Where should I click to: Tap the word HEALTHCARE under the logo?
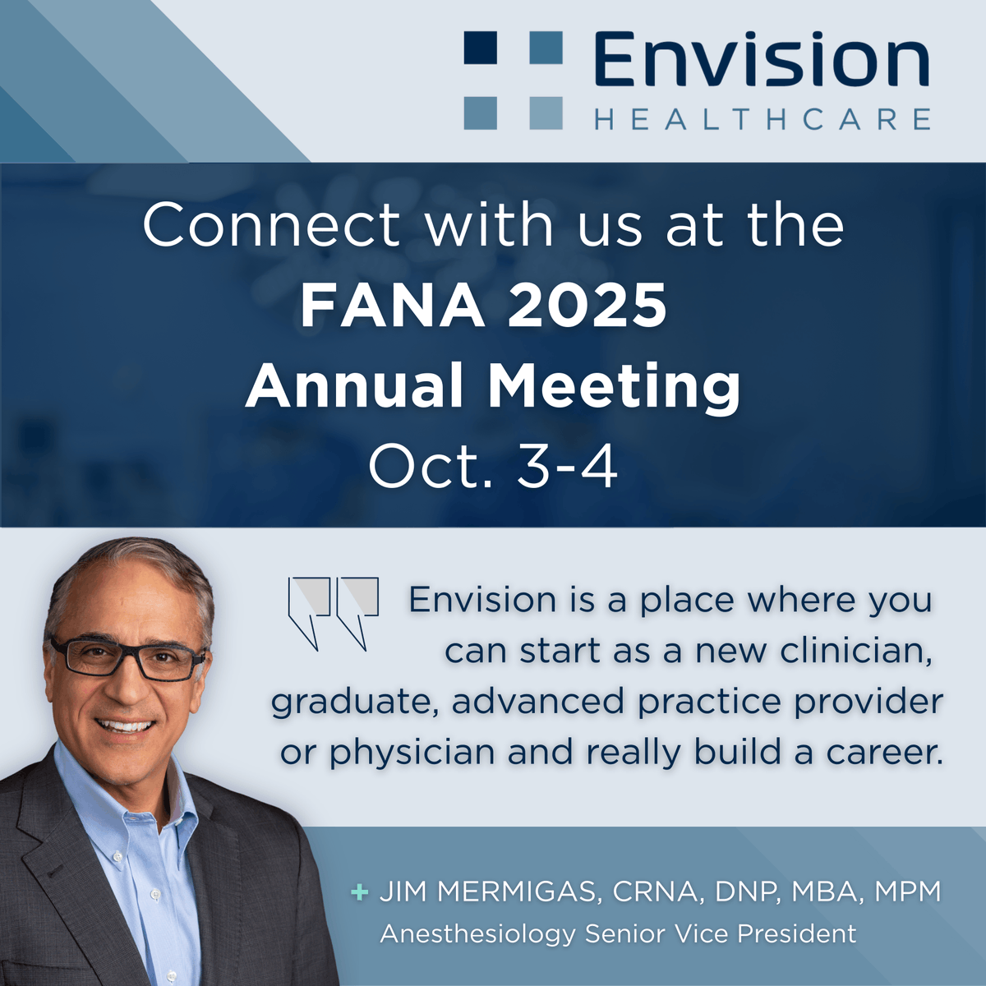tap(763, 120)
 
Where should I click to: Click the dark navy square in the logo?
tap(481, 48)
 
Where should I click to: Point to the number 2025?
tap(587, 306)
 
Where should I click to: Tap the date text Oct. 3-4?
tap(493, 467)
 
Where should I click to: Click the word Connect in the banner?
tap(272, 225)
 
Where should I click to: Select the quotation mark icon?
tap(333, 612)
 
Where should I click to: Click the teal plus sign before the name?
tap(359, 892)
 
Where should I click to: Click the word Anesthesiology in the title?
tap(477, 934)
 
